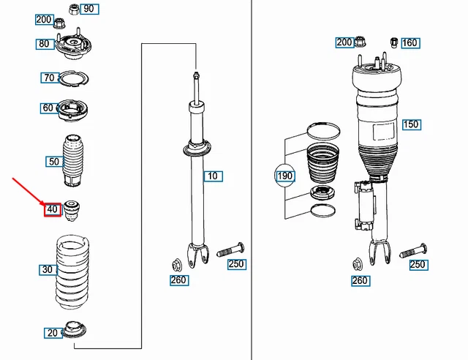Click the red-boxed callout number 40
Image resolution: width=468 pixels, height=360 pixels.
click(x=52, y=209)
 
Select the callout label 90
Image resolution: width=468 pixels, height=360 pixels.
click(x=88, y=10)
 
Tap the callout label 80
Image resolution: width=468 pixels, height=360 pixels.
click(x=45, y=44)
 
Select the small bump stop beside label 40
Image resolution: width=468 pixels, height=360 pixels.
click(x=73, y=209)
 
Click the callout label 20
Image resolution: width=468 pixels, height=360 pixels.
click(x=53, y=334)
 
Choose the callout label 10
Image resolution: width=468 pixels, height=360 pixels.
click(x=213, y=176)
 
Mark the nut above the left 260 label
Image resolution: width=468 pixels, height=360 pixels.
click(x=177, y=264)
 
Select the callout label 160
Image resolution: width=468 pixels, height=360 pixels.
click(x=409, y=43)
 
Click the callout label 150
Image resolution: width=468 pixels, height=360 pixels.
click(x=411, y=124)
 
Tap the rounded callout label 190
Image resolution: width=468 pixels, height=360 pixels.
click(x=284, y=176)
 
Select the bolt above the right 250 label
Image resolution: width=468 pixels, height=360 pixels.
click(x=414, y=249)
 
